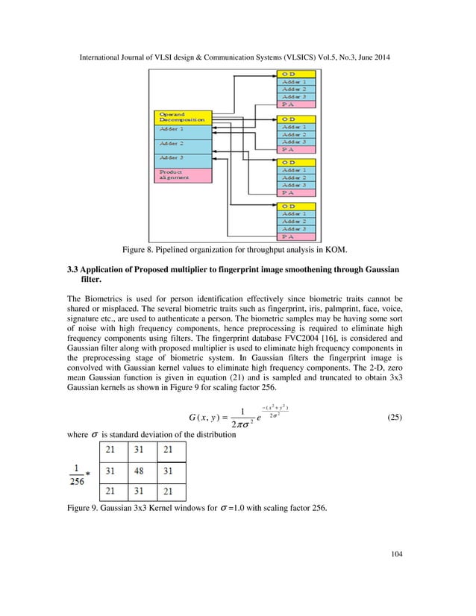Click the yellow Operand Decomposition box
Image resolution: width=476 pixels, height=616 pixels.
pyautogui.click(x=182, y=117)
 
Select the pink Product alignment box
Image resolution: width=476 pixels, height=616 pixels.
pyautogui.click(x=182, y=175)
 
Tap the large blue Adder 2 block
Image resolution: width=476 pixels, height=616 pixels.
pyautogui.click(x=182, y=143)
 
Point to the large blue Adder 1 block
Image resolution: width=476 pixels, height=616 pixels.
pyautogui.click(x=182, y=129)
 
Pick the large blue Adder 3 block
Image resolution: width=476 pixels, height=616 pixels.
pyautogui.click(x=182, y=158)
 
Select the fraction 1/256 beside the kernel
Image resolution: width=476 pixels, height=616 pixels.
pyautogui.click(x=76, y=475)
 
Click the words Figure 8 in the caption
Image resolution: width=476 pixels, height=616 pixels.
pyautogui.click(x=133, y=251)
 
